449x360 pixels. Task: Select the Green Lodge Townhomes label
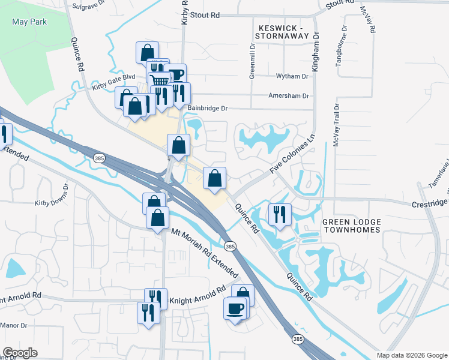click(352, 226)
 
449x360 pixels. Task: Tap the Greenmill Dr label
click(252, 64)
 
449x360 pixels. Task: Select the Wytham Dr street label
click(292, 77)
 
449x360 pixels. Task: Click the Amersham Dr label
click(288, 96)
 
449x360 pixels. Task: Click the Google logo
click(20, 353)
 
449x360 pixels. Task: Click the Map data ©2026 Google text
click(411, 355)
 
